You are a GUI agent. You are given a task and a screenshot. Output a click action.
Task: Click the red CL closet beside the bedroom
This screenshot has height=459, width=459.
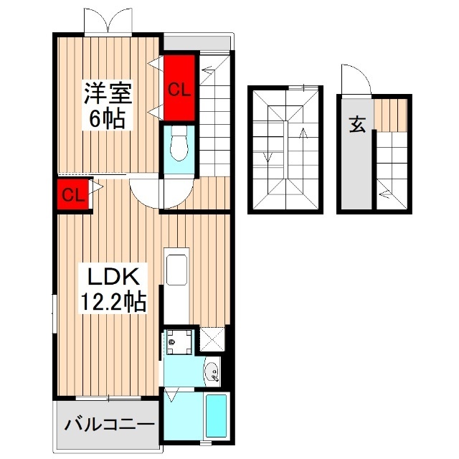pyautogui.click(x=179, y=90)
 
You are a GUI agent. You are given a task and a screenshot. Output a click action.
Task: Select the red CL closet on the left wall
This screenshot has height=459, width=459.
pyautogui.click(x=73, y=195)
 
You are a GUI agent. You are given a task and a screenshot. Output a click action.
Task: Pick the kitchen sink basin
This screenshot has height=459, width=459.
pyautogui.click(x=176, y=273)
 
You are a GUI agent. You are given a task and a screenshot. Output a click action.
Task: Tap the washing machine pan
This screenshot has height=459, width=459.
pyautogui.click(x=179, y=344)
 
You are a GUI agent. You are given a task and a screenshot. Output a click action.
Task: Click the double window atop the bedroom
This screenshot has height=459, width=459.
pyautogui.click(x=108, y=23)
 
